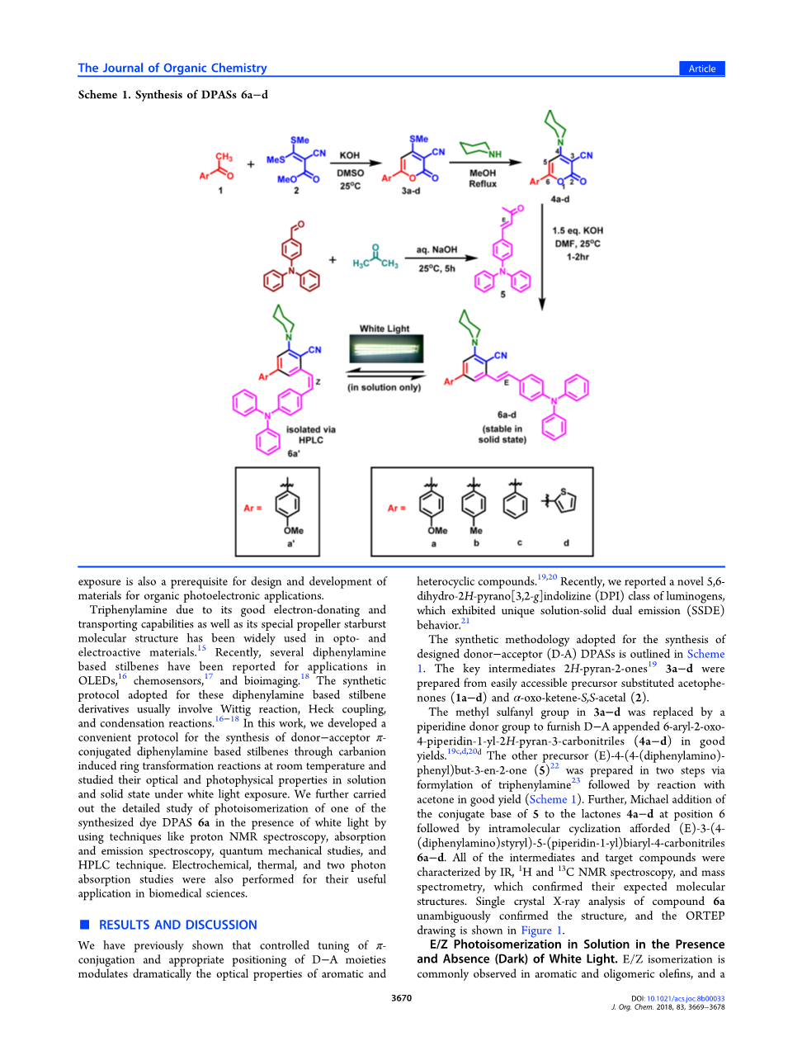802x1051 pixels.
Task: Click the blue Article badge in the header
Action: pyautogui.click(x=701, y=69)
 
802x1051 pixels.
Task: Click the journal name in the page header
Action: pyautogui.click(x=172, y=68)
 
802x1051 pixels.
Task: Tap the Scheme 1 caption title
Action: pyautogui.click(x=172, y=95)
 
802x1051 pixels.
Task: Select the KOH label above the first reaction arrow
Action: pyautogui.click(x=350, y=154)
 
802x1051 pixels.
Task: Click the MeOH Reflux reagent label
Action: pyautogui.click(x=483, y=178)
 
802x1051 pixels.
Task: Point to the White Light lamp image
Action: pyautogui.click(x=385, y=350)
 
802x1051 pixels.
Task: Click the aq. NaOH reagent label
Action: pyautogui.click(x=436, y=249)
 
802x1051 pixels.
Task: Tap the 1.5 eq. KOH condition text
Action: pyautogui.click(x=578, y=231)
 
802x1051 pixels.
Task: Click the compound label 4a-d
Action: pyautogui.click(x=559, y=199)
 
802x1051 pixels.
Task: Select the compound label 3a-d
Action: pyautogui.click(x=410, y=191)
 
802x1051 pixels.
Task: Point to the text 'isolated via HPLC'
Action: pyautogui.click(x=310, y=434)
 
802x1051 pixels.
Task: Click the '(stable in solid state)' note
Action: pyautogui.click(x=502, y=434)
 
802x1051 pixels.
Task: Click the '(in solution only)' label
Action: pyautogui.click(x=384, y=387)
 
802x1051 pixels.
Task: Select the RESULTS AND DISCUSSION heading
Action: pyautogui.click(x=177, y=925)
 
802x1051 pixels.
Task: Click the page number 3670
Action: pyautogui.click(x=401, y=998)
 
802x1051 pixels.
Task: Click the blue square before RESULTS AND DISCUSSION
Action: pyautogui.click(x=83, y=925)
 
